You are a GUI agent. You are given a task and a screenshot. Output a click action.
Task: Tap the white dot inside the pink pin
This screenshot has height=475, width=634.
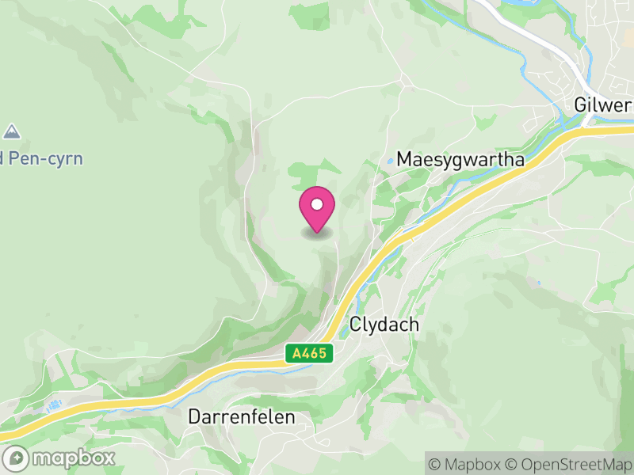click(x=317, y=204)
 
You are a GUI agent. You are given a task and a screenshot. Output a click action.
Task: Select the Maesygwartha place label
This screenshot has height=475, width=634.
click(x=460, y=159)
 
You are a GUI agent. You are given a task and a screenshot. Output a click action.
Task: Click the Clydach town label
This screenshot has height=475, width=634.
click(x=384, y=325)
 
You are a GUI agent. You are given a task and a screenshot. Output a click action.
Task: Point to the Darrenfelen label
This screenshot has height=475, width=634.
click(x=242, y=416)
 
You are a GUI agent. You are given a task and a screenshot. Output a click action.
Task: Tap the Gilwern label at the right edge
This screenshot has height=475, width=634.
click(x=604, y=106)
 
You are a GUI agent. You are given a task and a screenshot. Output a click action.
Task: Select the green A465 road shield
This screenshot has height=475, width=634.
click(x=309, y=354)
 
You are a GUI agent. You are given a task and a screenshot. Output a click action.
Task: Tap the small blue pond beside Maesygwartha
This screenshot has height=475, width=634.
click(x=390, y=161)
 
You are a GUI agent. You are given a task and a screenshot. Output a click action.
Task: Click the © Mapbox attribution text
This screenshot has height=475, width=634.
click(x=468, y=463)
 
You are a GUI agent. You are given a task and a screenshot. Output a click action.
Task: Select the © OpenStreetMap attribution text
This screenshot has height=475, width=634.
click(x=568, y=463)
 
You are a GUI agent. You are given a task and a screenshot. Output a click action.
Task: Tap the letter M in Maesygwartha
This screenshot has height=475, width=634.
click(x=404, y=159)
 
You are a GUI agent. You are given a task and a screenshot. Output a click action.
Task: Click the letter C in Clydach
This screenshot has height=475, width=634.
click(x=356, y=325)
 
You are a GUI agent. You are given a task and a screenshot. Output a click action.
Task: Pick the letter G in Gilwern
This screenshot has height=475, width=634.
click(x=582, y=106)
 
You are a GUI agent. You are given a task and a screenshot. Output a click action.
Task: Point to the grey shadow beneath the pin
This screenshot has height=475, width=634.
click(x=317, y=233)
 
